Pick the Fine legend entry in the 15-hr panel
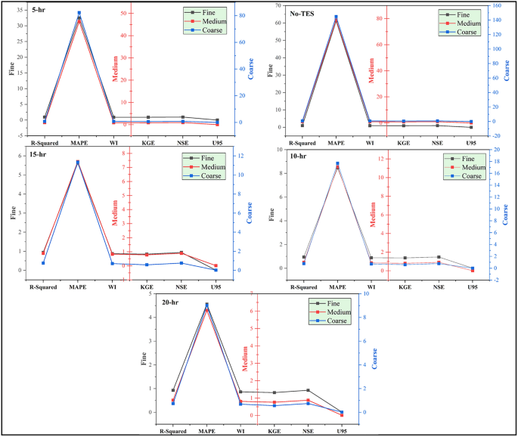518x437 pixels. coord(209,157)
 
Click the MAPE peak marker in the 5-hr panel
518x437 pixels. coord(79,14)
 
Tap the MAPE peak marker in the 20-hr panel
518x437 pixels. coord(206,305)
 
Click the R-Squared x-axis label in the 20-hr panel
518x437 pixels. coord(172,430)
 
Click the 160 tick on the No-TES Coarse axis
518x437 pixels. coord(499,6)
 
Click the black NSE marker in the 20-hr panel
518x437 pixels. coord(307,390)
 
